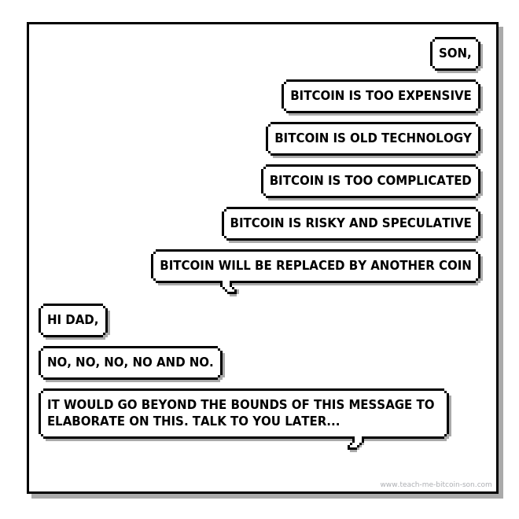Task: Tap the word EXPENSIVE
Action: point(435,96)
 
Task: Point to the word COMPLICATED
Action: point(423,181)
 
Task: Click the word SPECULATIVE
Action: point(426,223)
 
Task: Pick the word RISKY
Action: point(325,223)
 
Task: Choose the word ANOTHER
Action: point(403,266)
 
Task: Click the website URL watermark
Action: point(436,484)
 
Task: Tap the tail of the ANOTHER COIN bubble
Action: point(230,289)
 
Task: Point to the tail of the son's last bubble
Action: point(355,444)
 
